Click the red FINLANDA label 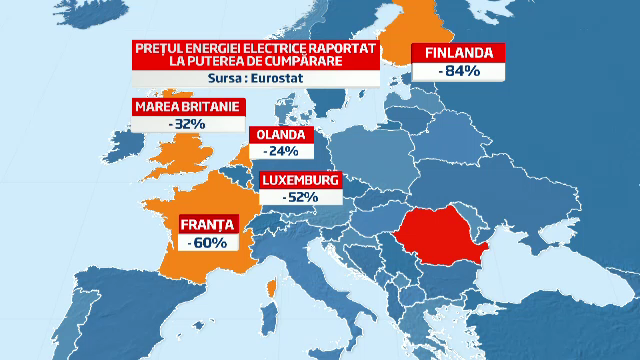click(x=462, y=54)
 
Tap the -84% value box click(x=461, y=72)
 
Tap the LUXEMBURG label click(x=301, y=181)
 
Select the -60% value click(x=206, y=241)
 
